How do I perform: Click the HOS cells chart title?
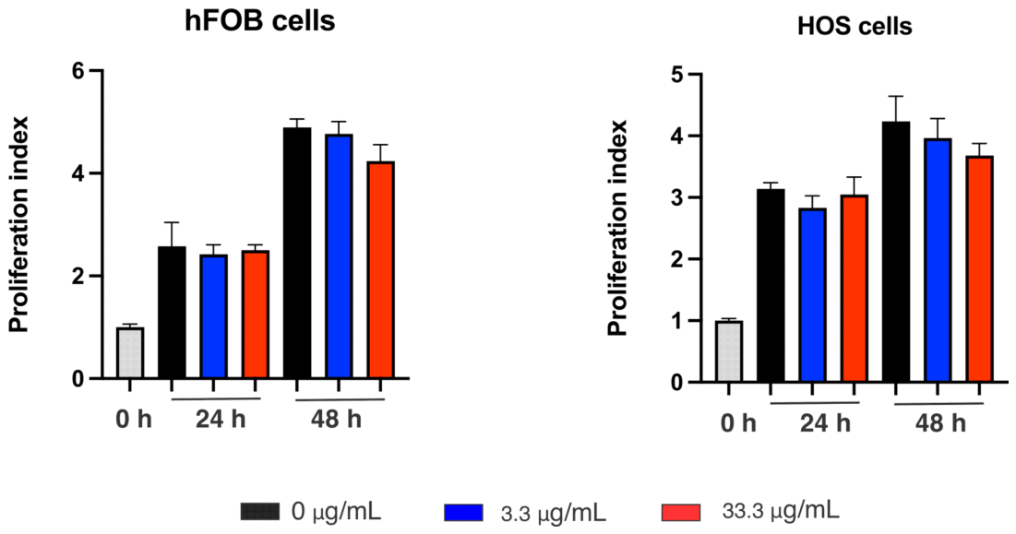click(855, 28)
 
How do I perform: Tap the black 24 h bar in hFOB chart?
click(172, 314)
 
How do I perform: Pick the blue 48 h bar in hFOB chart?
click(339, 258)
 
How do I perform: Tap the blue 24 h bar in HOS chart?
click(812, 295)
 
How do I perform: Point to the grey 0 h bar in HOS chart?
click(728, 351)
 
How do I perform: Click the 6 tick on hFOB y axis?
click(81, 71)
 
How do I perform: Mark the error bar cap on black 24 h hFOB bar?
click(172, 223)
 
